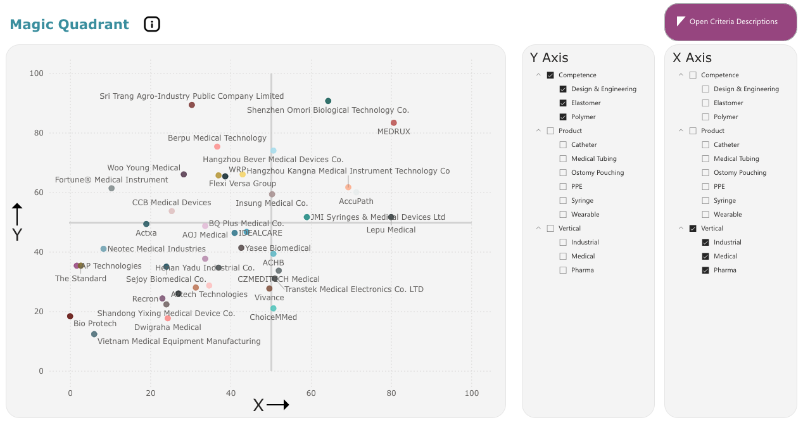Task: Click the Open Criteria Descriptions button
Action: [x=730, y=22]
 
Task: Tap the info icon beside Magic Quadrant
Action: [x=152, y=24]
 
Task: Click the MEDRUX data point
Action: [x=394, y=123]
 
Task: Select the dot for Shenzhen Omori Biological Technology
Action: [x=328, y=101]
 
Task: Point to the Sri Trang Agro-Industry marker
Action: [x=192, y=105]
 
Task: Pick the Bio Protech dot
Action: [x=70, y=316]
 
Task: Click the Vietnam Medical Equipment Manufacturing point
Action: [x=94, y=334]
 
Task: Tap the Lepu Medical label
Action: [x=391, y=230]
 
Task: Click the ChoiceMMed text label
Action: [x=273, y=317]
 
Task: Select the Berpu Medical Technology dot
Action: [x=217, y=146]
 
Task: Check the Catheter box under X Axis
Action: [x=705, y=144]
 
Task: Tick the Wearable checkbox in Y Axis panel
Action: [x=563, y=214]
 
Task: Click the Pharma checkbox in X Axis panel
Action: [x=705, y=270]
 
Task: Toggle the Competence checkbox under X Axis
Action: [x=693, y=75]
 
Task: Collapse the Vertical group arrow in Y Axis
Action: [x=538, y=228]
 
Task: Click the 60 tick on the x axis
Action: [x=311, y=393]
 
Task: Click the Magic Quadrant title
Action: [x=70, y=25]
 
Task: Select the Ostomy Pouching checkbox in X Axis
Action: [x=705, y=172]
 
